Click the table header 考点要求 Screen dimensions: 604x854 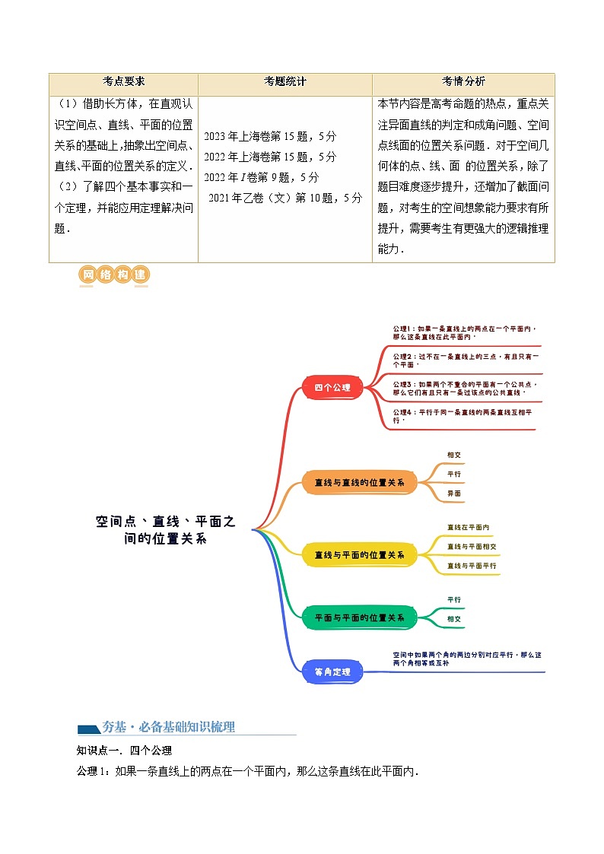click(123, 82)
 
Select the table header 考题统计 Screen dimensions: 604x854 click(285, 82)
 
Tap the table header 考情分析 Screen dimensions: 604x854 click(463, 82)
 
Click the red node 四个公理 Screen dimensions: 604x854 click(332, 387)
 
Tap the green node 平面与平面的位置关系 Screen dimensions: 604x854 click(359, 617)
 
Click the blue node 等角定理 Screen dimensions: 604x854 click(332, 671)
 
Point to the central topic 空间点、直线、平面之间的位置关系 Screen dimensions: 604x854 click(166, 529)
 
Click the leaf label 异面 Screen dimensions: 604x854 click(453, 494)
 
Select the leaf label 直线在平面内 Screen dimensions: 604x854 click(468, 527)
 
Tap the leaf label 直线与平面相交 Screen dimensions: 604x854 click(472, 546)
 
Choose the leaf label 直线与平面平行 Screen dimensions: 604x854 click(472, 566)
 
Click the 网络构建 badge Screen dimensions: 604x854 click(113, 276)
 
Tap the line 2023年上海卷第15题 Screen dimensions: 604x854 click(270, 137)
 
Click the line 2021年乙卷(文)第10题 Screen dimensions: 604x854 click(285, 198)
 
